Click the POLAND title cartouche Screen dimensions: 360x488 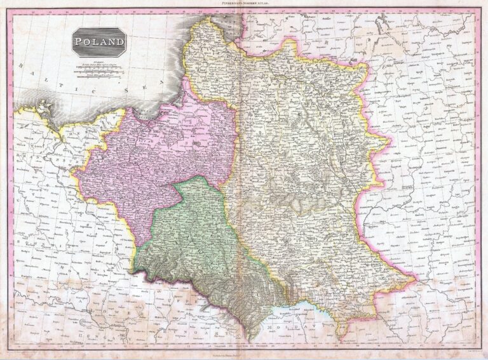click(98, 43)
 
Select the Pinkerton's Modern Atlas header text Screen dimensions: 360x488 click(244, 3)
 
